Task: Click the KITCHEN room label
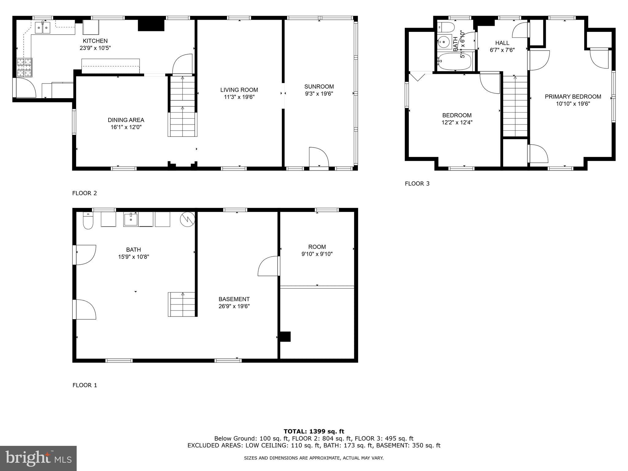tap(95, 41)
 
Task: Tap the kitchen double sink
tap(43, 28)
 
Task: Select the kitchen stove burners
tap(24, 67)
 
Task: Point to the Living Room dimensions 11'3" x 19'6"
tap(239, 97)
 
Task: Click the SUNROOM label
tap(319, 86)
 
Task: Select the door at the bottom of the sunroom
tap(319, 158)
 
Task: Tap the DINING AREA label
tap(126, 120)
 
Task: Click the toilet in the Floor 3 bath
tap(445, 27)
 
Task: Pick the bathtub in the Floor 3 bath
tap(454, 62)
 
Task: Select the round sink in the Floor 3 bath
tap(443, 41)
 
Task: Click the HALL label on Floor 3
tap(502, 43)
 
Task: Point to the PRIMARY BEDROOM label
tap(573, 97)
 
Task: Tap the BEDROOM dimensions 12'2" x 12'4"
tap(457, 122)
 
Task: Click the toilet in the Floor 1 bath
tap(88, 222)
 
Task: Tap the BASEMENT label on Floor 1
tap(234, 299)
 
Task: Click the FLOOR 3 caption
tap(417, 184)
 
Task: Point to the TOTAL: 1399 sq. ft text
tap(314, 431)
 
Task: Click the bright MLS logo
tap(38, 458)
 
